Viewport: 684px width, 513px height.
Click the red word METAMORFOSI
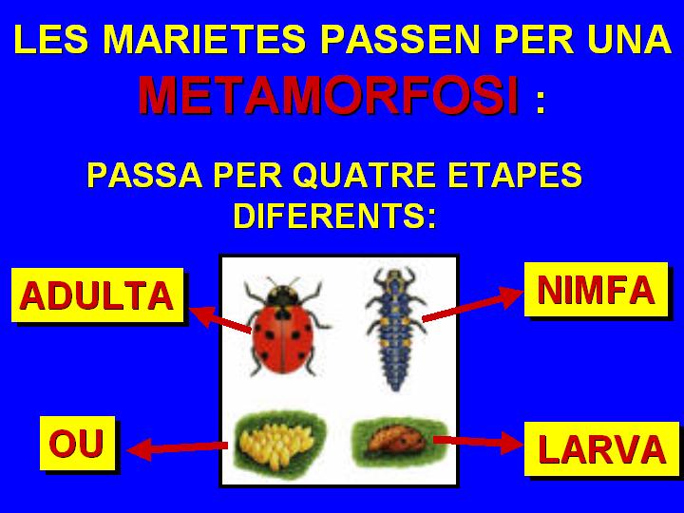point(329,95)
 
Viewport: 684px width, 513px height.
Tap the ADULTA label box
point(97,295)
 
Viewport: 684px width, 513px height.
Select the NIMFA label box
point(596,289)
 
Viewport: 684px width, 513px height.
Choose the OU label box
point(77,444)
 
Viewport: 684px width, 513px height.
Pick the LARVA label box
point(601,448)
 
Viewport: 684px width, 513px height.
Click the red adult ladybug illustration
point(284,326)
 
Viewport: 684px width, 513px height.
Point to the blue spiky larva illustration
point(395,328)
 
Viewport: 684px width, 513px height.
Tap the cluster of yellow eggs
point(277,444)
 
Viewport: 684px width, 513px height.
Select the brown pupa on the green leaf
point(397,440)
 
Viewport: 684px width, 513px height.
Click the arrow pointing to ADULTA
point(220,320)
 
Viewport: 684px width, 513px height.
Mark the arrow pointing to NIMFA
point(473,304)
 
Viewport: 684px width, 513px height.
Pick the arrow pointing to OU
point(177,448)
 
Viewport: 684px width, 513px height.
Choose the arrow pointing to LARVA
point(479,442)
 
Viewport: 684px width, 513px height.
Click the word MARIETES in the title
point(204,39)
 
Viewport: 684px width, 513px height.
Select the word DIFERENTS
point(334,216)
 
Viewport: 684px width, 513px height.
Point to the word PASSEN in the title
point(400,39)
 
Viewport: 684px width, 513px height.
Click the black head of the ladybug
point(283,295)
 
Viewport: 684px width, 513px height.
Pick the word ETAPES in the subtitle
point(515,176)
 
